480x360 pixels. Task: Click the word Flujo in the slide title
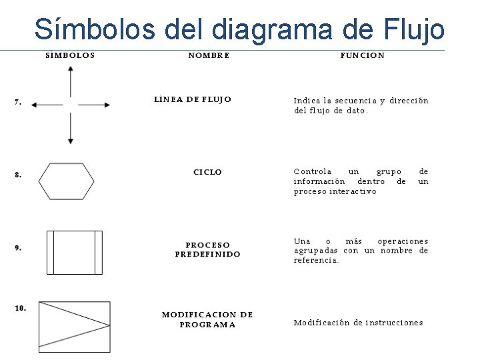[415, 29]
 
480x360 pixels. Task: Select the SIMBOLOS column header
[70, 56]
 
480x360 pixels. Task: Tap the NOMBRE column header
[209, 56]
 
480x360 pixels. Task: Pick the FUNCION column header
[362, 56]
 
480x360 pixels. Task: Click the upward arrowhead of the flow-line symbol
[71, 71]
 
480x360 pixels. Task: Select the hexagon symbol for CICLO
[66, 181]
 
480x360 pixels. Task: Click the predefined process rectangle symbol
[74, 252]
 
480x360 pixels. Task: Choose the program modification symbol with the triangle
[74, 327]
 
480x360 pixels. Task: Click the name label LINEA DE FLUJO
[193, 100]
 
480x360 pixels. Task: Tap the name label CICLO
[207, 173]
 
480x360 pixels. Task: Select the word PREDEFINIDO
[208, 255]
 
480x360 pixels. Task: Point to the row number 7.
[18, 102]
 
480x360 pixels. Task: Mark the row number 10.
[21, 308]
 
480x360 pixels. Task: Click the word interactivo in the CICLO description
[353, 192]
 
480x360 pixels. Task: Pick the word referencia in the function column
[316, 261]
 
